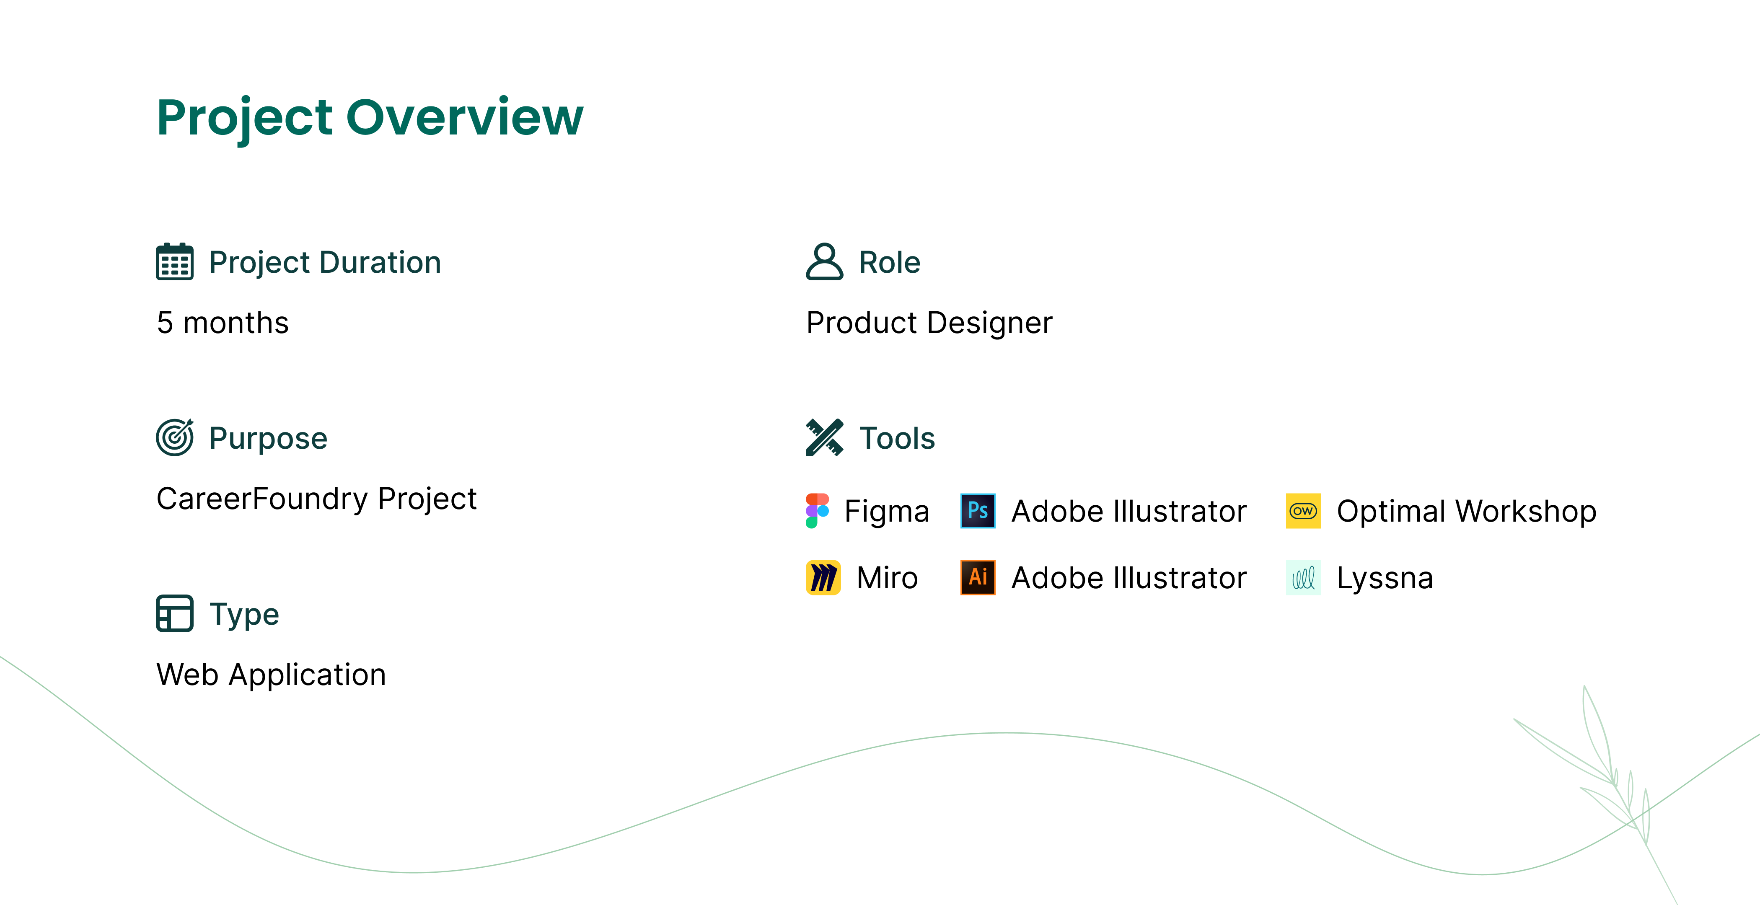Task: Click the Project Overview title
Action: pos(370,117)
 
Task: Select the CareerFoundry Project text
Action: pos(316,499)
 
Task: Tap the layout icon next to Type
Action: pos(174,613)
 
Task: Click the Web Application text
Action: pos(271,675)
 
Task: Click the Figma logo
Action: pos(817,511)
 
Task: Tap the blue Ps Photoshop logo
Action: pos(978,511)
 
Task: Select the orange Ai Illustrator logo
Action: pos(978,578)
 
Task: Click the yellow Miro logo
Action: pos(823,578)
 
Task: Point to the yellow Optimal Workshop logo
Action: pos(1303,511)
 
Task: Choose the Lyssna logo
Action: pos(1303,578)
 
